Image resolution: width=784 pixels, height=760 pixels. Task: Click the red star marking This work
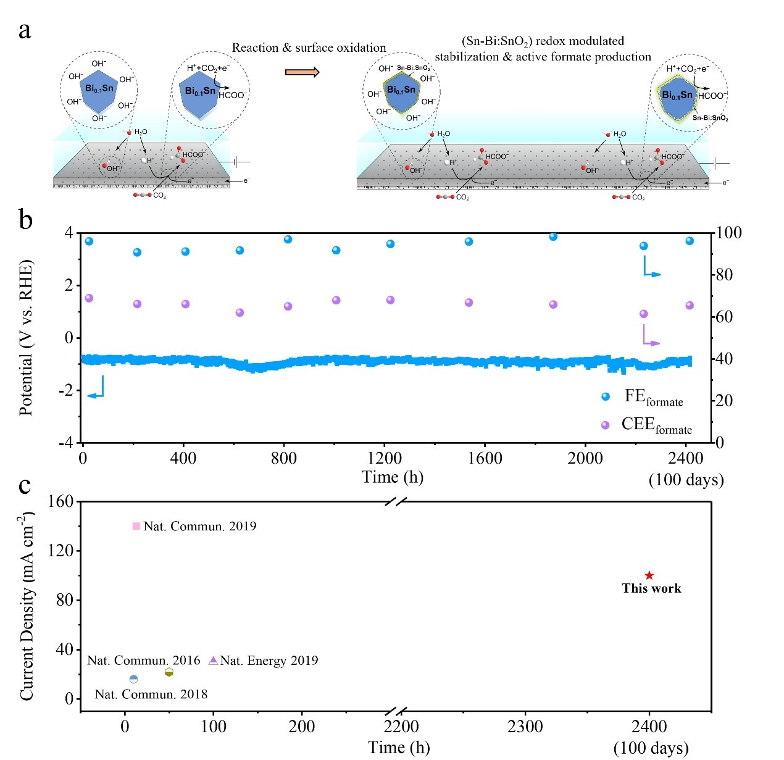649,575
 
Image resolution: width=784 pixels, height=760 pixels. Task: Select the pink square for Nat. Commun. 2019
136,526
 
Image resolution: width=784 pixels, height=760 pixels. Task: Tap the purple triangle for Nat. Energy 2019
213,660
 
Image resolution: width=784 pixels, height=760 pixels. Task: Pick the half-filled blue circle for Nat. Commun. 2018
134,679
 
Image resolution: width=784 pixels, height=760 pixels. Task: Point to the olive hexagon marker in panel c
169,672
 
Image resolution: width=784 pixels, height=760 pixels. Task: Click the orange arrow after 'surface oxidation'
302,72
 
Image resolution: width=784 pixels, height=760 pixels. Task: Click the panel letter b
25,220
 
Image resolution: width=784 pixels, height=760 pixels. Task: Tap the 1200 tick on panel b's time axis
384,458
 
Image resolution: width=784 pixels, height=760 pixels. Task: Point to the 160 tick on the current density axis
60,501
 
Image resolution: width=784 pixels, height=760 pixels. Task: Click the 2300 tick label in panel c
525,726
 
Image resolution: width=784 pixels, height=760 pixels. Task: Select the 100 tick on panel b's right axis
729,233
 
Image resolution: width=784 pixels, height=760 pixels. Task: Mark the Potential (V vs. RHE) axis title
26,338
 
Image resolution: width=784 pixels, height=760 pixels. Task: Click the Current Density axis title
26,605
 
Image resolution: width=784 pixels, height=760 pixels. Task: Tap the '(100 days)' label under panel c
651,748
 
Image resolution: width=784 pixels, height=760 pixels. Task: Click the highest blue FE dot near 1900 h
553,236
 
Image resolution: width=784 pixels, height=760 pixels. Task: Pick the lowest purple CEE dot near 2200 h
644,314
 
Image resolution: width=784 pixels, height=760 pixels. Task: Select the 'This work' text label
651,588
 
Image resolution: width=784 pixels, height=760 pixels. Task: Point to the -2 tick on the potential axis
65,390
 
